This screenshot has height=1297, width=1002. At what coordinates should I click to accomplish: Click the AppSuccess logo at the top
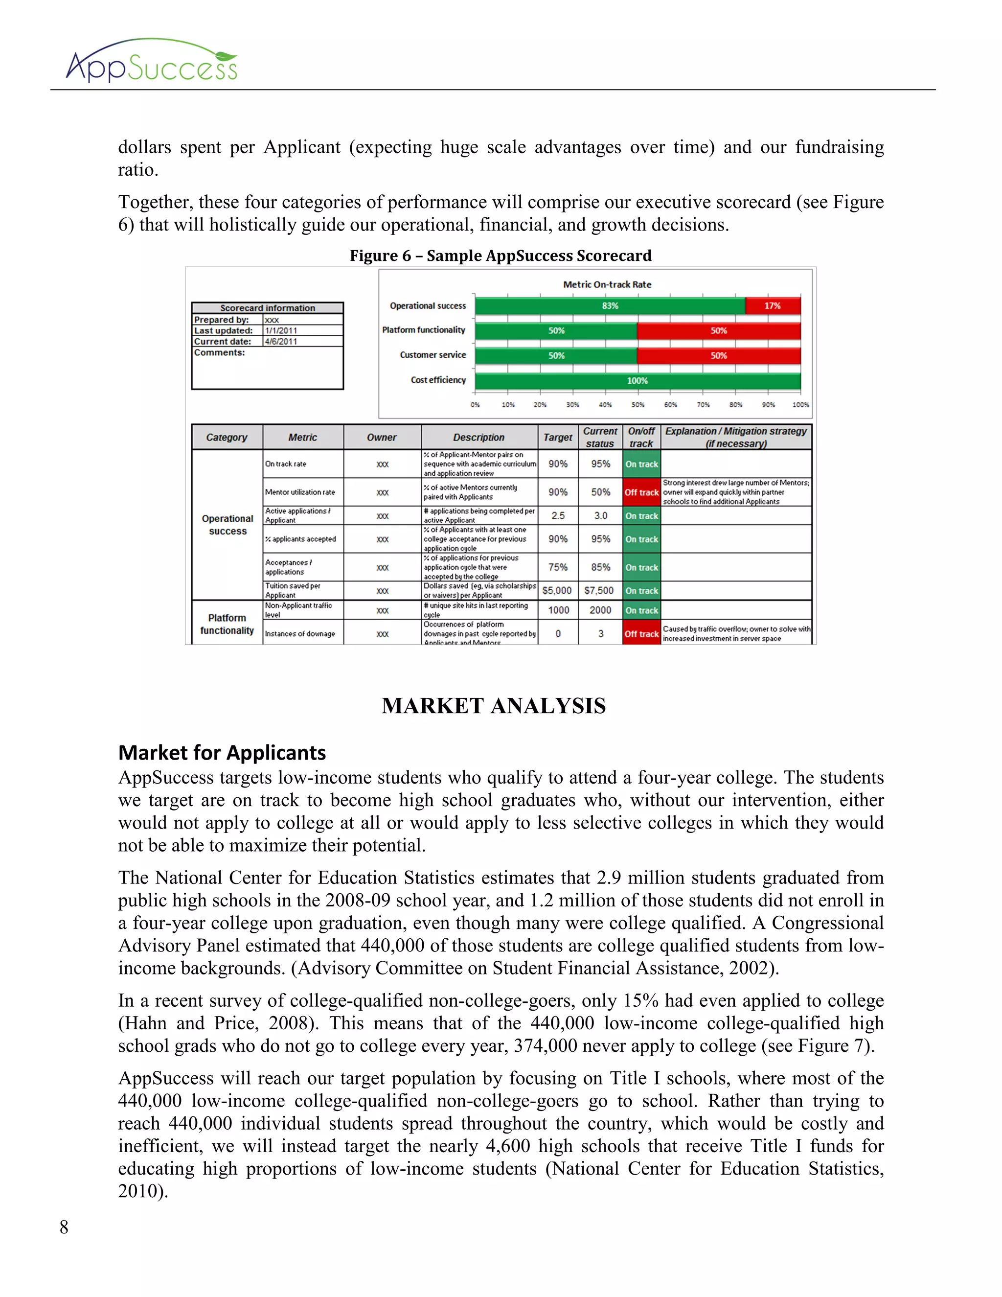pyautogui.click(x=151, y=62)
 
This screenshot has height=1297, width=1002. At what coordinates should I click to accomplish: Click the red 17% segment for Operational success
pyautogui.click(x=772, y=306)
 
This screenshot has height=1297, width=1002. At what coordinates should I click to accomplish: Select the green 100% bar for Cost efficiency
pyautogui.click(x=637, y=381)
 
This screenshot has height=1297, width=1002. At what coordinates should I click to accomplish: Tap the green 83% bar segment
pyautogui.click(x=610, y=306)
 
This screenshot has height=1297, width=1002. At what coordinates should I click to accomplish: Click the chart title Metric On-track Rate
pyautogui.click(x=607, y=284)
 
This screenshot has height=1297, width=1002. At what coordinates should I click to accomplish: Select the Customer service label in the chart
pyautogui.click(x=433, y=355)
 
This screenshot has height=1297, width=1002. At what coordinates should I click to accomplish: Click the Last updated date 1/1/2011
pyautogui.click(x=281, y=331)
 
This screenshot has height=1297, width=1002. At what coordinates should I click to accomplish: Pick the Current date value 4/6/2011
pyautogui.click(x=281, y=342)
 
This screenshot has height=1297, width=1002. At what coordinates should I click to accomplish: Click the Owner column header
pyautogui.click(x=382, y=437)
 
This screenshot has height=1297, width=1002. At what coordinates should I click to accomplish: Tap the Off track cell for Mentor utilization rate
pyautogui.click(x=641, y=492)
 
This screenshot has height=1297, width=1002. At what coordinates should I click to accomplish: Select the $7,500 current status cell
pyautogui.click(x=599, y=591)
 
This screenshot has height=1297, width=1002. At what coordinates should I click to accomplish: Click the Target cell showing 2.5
pyautogui.click(x=558, y=515)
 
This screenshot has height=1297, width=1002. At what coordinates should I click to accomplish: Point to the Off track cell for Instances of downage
pyautogui.click(x=641, y=634)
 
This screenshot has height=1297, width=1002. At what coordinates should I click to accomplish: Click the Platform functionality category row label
pyautogui.click(x=227, y=624)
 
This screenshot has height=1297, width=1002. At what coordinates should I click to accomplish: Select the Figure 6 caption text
pyautogui.click(x=501, y=256)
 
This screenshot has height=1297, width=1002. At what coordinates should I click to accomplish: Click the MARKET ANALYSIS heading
pyautogui.click(x=493, y=706)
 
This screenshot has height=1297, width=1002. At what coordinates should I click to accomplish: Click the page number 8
pyautogui.click(x=64, y=1227)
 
